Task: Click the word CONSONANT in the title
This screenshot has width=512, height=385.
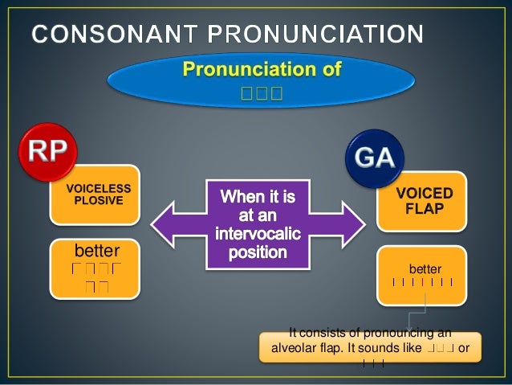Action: pos(112,35)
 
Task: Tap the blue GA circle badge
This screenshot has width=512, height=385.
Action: pos(374,157)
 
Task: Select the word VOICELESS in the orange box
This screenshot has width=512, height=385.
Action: pos(98,188)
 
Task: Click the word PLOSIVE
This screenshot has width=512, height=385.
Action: pos(98,200)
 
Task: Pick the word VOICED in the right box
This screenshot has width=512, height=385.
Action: pos(425,194)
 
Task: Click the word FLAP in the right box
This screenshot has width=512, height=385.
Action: pos(425,208)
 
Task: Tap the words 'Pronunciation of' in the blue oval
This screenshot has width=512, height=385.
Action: pos(262,70)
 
